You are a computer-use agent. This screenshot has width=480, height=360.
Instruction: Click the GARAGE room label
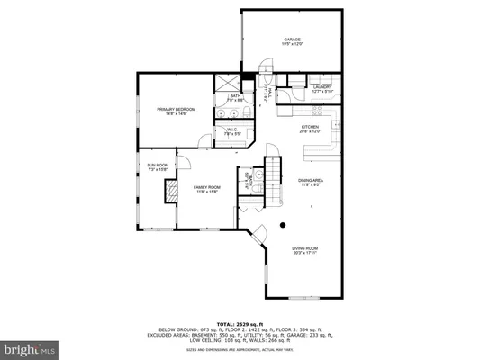click(x=292, y=40)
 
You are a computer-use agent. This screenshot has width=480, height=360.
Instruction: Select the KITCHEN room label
click(x=310, y=127)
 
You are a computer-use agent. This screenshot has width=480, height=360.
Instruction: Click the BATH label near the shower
click(x=234, y=95)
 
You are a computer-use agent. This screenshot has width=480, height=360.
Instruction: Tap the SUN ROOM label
click(x=158, y=166)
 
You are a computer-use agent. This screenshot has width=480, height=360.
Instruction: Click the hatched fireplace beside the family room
click(x=168, y=192)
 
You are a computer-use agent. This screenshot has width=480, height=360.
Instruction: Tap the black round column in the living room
click(x=282, y=225)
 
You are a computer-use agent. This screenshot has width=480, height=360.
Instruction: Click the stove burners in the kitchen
click(x=317, y=110)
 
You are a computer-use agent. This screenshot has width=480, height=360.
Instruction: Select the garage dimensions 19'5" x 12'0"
click(x=292, y=45)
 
